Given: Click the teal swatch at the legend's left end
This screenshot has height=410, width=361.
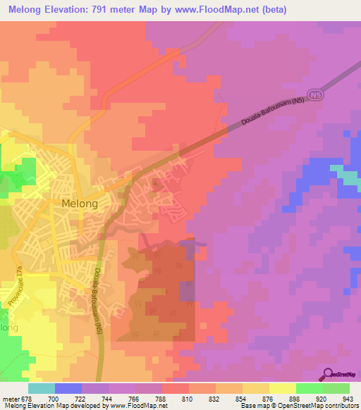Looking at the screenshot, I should pos(42,388).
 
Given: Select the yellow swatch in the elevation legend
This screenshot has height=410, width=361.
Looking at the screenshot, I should pos(283,388).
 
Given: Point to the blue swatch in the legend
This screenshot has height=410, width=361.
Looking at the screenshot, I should pos(68,388).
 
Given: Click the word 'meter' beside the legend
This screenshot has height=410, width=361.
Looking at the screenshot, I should pos(10,399).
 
